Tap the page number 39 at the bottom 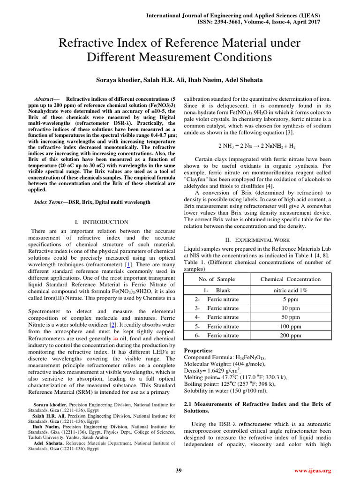(x=179, y=471)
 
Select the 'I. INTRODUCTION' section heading (x=101, y=222)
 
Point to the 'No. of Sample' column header (x=217, y=279)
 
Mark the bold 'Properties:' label (x=198, y=350)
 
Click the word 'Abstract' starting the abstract (x=45, y=100)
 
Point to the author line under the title (x=180, y=80)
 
